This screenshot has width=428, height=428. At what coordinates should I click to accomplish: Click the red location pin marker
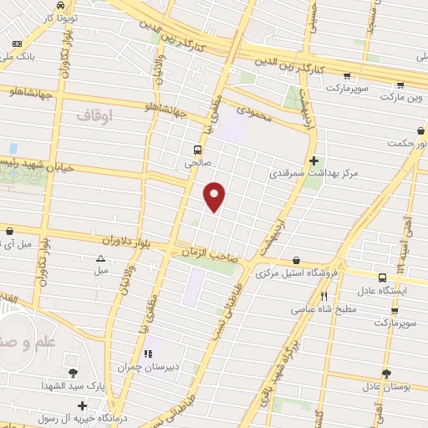(216, 196)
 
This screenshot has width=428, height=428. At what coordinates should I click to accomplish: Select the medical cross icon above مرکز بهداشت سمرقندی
(313, 160)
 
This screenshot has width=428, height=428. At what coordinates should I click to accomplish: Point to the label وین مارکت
(403, 97)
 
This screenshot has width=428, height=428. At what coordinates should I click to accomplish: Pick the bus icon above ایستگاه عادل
(382, 278)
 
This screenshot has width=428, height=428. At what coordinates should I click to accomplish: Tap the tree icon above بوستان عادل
(385, 374)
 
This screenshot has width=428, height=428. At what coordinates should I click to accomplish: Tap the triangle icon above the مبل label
(101, 258)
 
